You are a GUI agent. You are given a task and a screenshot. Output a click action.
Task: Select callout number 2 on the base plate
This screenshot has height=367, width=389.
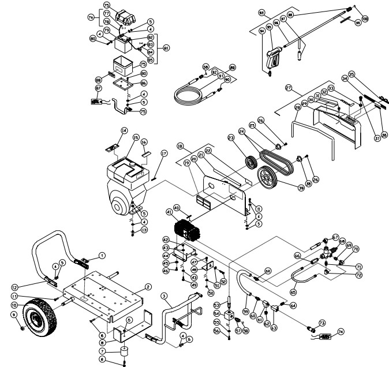[x=148, y=287]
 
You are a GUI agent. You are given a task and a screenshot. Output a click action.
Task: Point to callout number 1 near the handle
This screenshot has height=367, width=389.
[x=102, y=254]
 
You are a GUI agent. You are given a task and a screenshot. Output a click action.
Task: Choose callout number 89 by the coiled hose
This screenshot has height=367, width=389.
[x=233, y=67]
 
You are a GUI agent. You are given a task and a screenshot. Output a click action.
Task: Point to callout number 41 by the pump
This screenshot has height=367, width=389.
[x=169, y=212]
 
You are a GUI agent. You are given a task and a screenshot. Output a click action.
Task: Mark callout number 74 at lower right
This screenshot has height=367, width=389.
[x=341, y=332]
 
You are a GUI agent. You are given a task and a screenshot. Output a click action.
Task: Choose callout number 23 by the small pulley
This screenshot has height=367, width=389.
[x=232, y=138]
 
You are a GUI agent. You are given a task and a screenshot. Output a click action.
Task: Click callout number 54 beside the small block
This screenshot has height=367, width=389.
[x=218, y=314]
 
